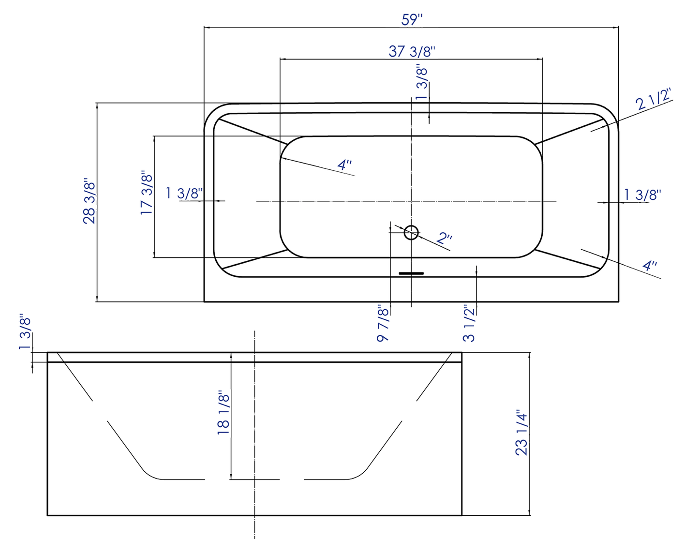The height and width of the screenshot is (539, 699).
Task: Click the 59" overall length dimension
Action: pos(412,20)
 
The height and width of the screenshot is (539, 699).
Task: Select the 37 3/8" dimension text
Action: pos(412,51)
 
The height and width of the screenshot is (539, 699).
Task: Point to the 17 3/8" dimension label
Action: pos(147,193)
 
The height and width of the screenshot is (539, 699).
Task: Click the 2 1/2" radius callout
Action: pos(654,100)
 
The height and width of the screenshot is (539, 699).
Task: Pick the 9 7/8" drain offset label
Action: pos(383,323)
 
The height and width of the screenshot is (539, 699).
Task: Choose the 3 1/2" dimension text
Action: pos(469,323)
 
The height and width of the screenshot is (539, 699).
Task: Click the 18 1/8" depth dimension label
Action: pos(223,413)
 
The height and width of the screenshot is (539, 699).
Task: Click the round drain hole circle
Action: pos(411,233)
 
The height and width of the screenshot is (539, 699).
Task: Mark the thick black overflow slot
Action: pos(411,273)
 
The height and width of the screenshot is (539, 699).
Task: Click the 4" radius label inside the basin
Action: pos(344,165)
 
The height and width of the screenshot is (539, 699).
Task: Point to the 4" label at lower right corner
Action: pos(649,266)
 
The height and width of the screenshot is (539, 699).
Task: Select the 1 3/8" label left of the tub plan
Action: pos(184,193)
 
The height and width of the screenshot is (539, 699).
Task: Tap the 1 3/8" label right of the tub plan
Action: pos(642,195)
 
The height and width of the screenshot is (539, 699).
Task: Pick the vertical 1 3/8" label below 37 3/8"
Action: pos(422,83)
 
